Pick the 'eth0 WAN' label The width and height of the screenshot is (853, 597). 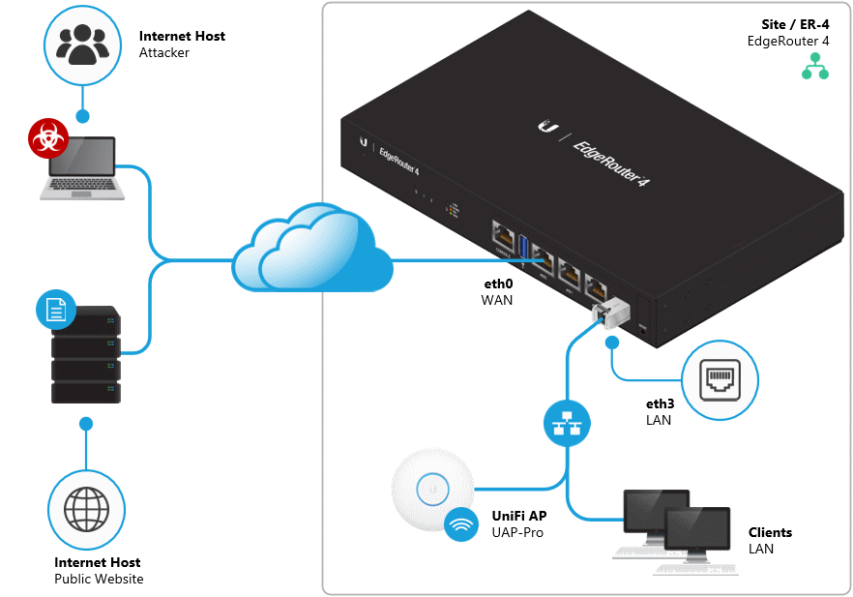[497, 293]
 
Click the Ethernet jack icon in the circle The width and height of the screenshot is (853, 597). [721, 383]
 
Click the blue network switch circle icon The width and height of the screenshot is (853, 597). [565, 423]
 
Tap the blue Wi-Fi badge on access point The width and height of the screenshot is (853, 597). [460, 524]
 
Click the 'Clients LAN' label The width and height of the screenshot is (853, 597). [769, 541]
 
